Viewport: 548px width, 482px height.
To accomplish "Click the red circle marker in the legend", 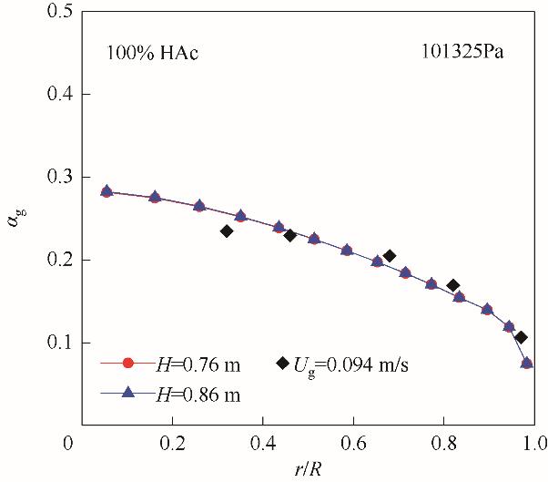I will pyautogui.click(x=128, y=364).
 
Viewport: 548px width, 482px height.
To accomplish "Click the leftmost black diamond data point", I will pyautogui.click(x=227, y=231).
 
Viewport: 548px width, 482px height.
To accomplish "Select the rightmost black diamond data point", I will pyautogui.click(x=521, y=337).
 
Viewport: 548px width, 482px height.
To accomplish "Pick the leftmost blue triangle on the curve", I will pyautogui.click(x=107, y=191).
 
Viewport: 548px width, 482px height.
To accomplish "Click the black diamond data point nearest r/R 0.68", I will pyautogui.click(x=390, y=256).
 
